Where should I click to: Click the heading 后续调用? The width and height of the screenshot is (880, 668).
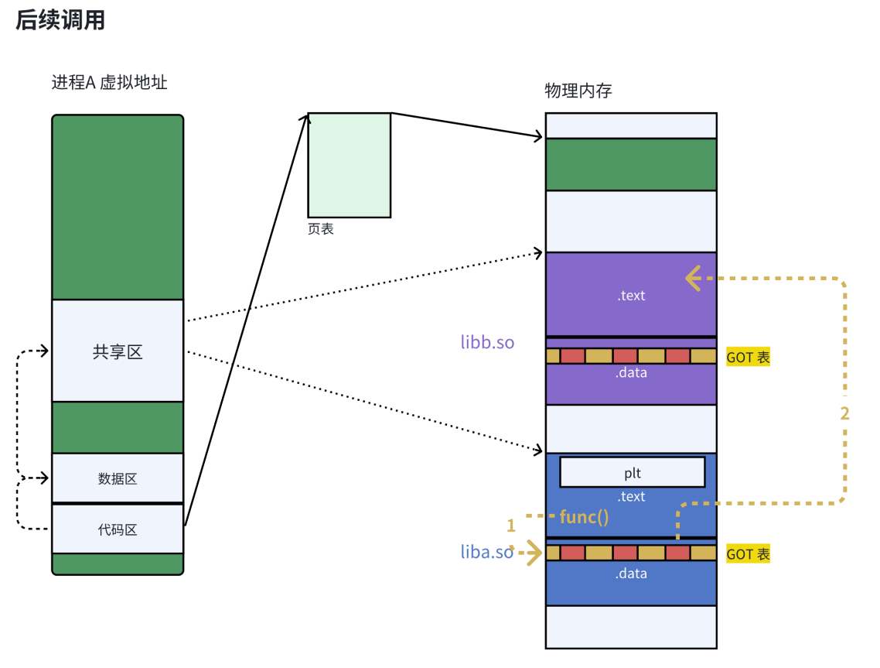tap(60, 20)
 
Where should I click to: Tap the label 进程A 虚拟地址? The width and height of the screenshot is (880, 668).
tap(110, 82)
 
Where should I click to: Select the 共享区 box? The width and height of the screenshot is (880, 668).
tap(118, 351)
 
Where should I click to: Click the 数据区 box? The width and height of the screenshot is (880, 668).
tap(118, 478)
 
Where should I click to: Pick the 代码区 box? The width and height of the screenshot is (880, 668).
tap(118, 529)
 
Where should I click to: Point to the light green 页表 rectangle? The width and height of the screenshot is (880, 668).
tap(350, 165)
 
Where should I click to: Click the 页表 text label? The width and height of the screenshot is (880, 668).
tap(321, 229)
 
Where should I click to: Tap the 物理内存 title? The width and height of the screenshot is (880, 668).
tap(578, 91)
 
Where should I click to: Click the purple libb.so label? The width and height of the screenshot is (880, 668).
tap(487, 342)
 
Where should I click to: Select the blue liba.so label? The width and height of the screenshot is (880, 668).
tap(487, 552)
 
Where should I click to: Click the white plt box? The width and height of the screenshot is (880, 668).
tap(632, 472)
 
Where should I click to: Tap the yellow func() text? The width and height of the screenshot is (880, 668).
tap(584, 517)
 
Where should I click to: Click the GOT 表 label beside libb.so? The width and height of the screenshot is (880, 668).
tap(748, 358)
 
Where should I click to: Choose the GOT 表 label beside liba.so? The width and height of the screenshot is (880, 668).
tap(748, 554)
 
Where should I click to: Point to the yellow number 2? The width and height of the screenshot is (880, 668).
tap(844, 413)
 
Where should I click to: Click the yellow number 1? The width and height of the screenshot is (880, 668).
tap(510, 526)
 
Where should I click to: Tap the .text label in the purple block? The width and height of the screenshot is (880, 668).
tap(631, 295)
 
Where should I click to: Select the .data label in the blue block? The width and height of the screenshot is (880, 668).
tap(631, 574)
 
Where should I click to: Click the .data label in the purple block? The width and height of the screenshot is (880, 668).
tap(631, 372)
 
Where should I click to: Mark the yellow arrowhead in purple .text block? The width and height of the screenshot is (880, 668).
tap(693, 278)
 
